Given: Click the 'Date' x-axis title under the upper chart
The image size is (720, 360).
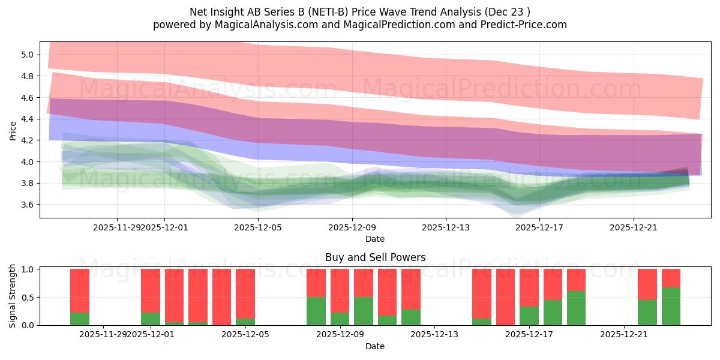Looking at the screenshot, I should coord(375,239).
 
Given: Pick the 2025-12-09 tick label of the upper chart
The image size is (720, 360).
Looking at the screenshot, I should coord(352,227).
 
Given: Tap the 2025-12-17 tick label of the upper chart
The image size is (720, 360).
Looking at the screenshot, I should coord(539,227).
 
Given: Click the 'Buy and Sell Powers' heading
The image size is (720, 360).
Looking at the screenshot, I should coord(375,257).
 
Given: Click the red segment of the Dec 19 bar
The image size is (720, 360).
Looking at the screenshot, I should coord(576,280).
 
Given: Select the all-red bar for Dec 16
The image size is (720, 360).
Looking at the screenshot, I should coord(505,297).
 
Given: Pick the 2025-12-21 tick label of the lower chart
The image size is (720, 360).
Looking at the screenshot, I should coord(625,335).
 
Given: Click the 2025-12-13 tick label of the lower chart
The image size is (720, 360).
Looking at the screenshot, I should coord(434,335).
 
